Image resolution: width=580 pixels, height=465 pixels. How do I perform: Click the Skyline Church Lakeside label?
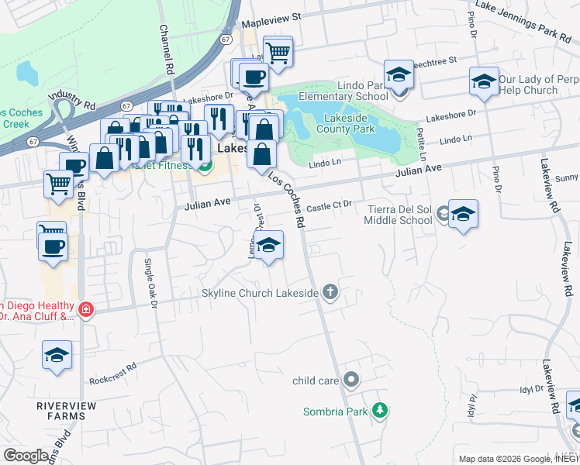pos(260,293)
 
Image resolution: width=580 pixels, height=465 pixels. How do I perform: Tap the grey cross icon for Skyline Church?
pos(331,292)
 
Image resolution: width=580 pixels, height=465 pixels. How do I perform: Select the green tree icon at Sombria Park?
pos(379,410)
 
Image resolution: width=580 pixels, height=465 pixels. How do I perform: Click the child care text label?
pos(316,381)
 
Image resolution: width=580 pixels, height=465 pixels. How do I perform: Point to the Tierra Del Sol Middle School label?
pos(399,214)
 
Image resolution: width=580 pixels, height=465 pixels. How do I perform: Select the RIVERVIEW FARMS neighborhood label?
pos(66,411)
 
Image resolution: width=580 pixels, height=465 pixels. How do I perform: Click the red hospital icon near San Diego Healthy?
pos(85,310)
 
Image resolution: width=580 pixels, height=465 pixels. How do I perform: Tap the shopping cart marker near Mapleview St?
pos(278,53)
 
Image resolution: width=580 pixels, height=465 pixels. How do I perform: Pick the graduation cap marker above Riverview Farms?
pos(57,355)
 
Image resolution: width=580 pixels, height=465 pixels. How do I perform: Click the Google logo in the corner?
pos(26,456)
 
